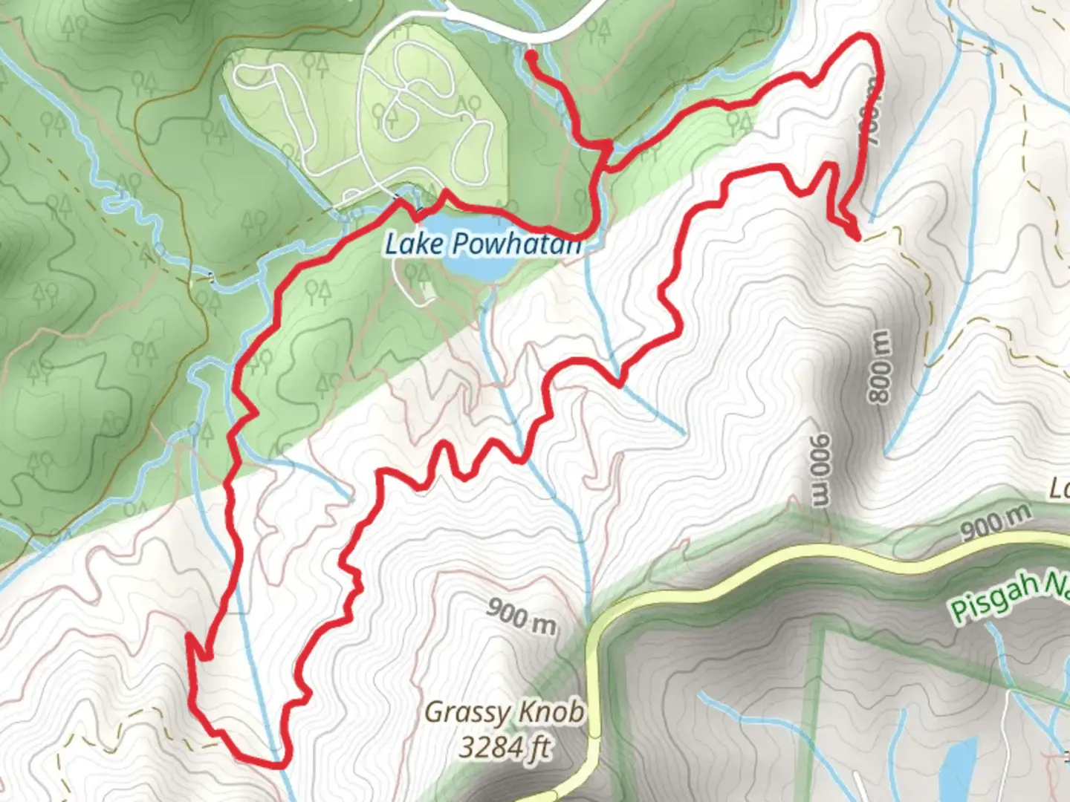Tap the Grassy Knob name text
click(x=503, y=713)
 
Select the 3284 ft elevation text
click(x=505, y=746)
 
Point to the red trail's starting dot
click(x=531, y=55)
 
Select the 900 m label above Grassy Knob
click(x=522, y=616)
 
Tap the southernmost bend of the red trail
click(x=275, y=764)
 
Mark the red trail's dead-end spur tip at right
click(x=858, y=238)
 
